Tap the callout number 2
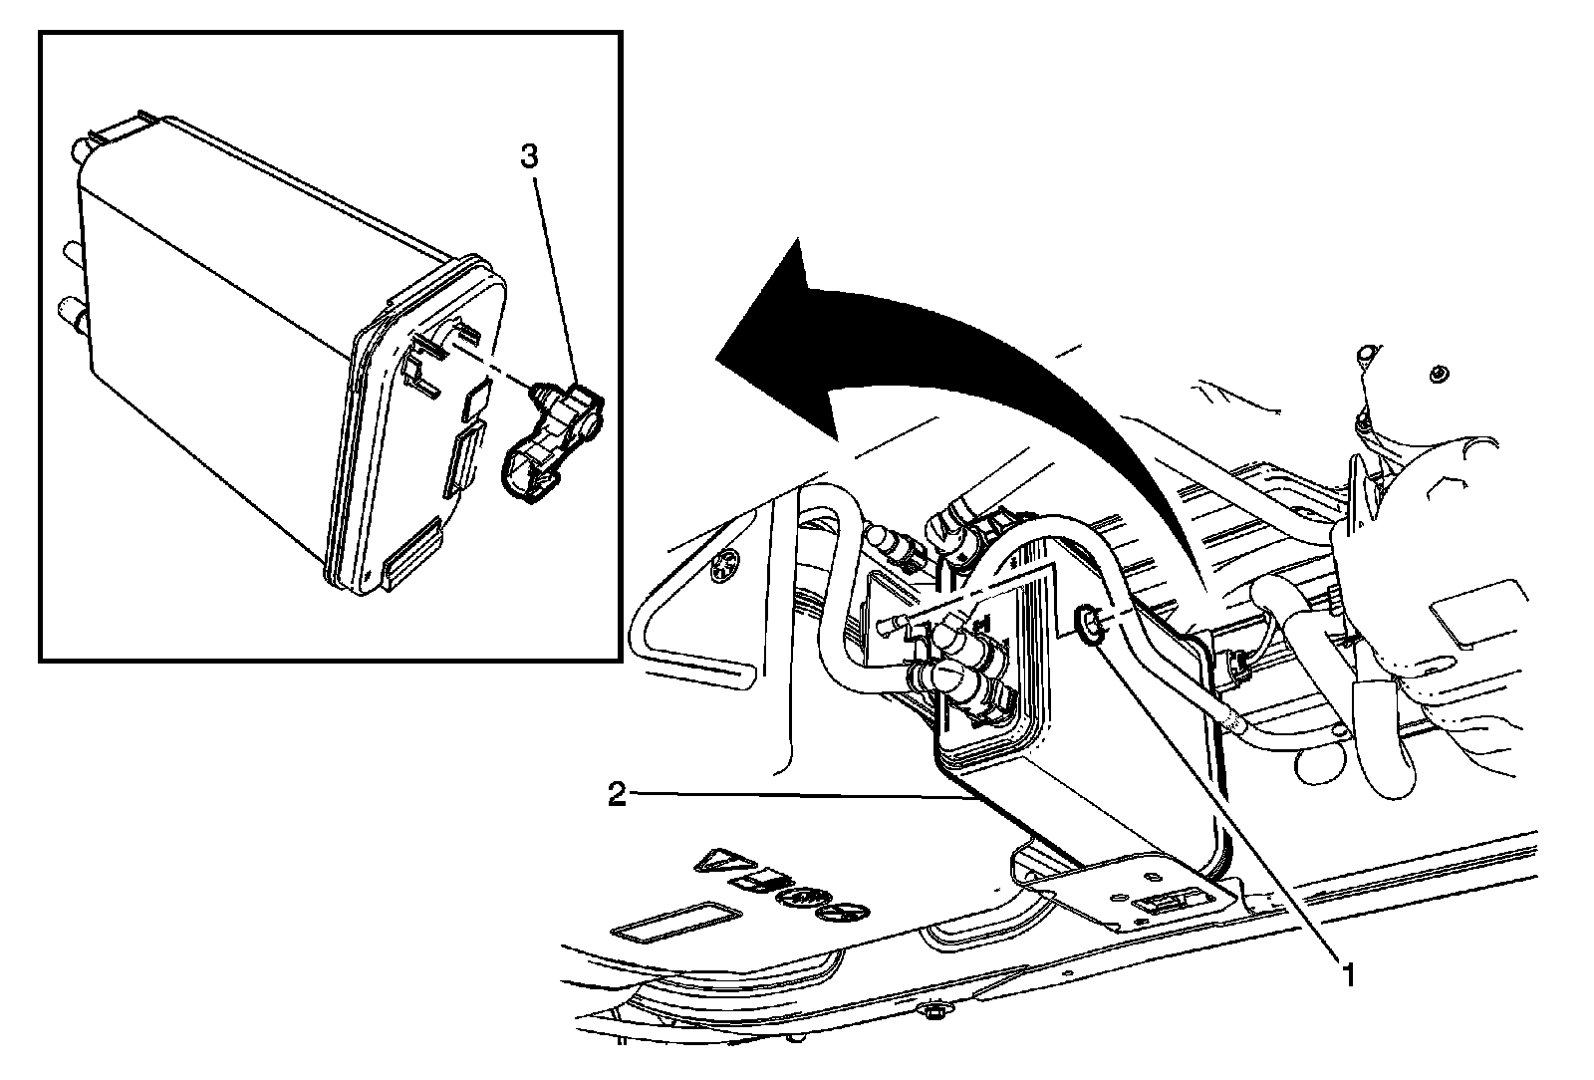[x=618, y=795]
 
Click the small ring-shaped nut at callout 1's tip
[x=1089, y=626]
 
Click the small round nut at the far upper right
[x=1438, y=375]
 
